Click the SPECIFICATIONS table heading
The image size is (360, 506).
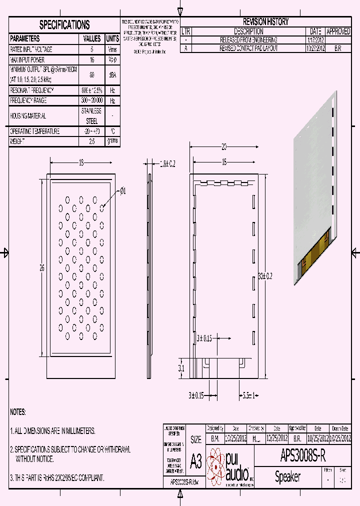[x=64, y=24]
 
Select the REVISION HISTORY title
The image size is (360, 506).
[x=265, y=21]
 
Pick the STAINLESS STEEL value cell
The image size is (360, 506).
[x=91, y=115]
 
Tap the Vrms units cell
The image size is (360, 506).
[x=112, y=49]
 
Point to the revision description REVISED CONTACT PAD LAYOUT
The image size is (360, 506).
[x=248, y=48]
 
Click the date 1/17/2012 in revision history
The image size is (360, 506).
[x=315, y=39]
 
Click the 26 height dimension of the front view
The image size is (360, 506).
[x=42, y=267]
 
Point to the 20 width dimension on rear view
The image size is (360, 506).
[x=224, y=146]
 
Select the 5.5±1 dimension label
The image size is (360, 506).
[x=249, y=396]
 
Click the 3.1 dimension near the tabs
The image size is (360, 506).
[x=181, y=368]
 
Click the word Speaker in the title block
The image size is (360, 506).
[x=287, y=477]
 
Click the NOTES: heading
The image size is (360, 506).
[x=18, y=412]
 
